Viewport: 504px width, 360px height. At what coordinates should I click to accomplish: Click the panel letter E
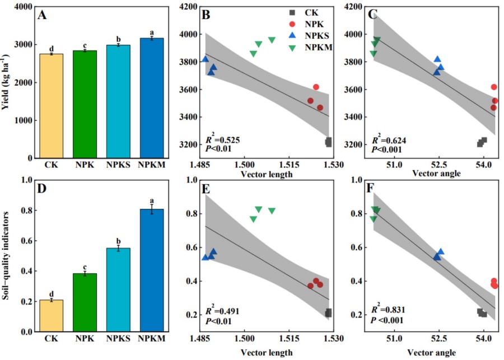coord(206,189)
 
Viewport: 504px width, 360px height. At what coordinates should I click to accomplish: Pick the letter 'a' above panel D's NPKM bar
coord(152,201)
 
